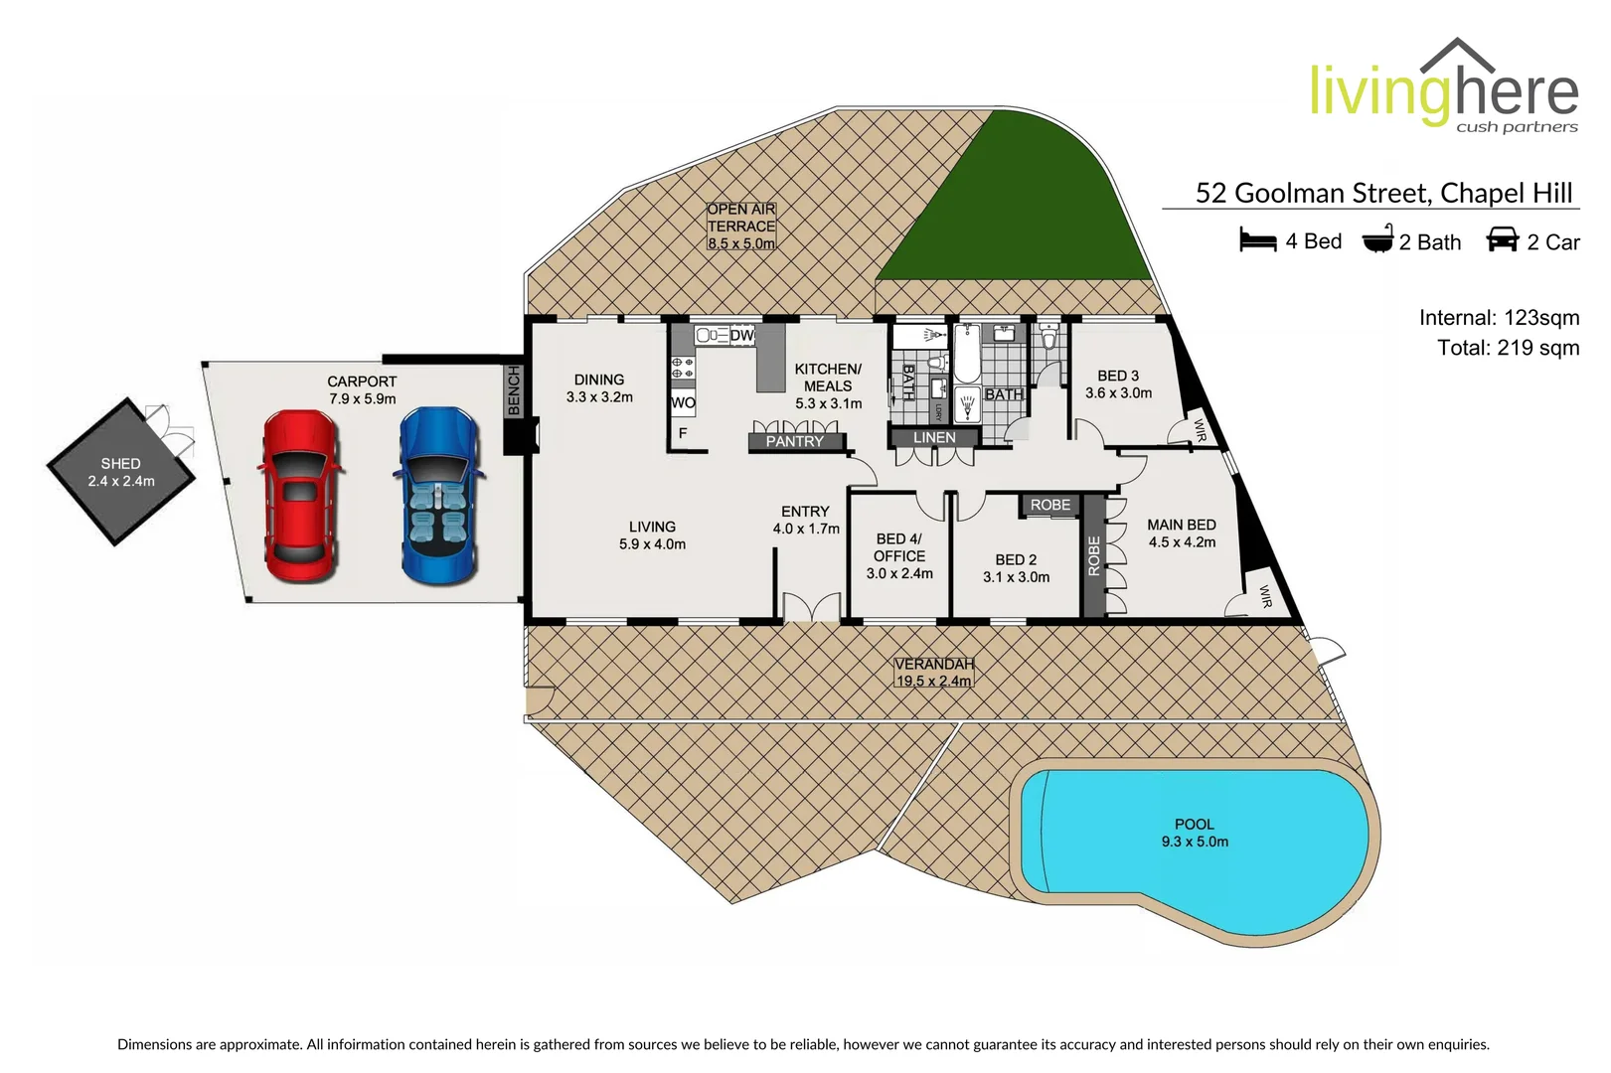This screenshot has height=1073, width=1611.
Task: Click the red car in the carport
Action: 301,497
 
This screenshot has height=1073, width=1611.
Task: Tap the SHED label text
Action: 120,464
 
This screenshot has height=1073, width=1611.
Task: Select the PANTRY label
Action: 794,441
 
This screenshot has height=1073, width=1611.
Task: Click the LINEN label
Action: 934,437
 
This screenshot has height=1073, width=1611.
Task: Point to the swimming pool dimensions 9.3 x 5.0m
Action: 1195,842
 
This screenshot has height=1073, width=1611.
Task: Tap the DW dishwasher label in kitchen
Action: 742,336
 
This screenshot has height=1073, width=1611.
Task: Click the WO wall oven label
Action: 683,402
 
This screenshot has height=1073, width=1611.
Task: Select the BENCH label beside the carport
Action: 514,389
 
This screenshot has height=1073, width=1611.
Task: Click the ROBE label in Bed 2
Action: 1050,505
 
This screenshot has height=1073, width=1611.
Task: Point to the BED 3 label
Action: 1118,376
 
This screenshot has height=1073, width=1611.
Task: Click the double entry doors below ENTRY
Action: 811,607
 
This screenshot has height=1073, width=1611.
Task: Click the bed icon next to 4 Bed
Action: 1257,240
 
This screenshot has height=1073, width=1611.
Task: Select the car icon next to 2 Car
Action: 1502,240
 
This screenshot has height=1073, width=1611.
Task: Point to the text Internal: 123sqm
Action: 1499,318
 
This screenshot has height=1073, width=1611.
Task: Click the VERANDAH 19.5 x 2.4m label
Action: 933,673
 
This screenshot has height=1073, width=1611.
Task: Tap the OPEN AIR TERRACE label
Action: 741,226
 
